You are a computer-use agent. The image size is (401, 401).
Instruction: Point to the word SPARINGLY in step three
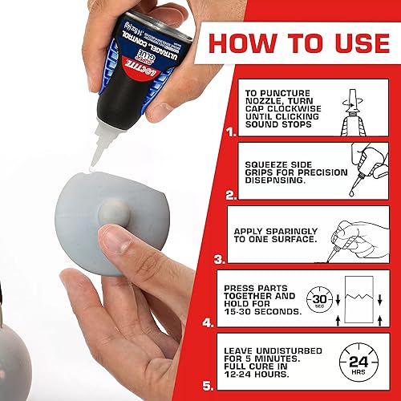click(x=309, y=229)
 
